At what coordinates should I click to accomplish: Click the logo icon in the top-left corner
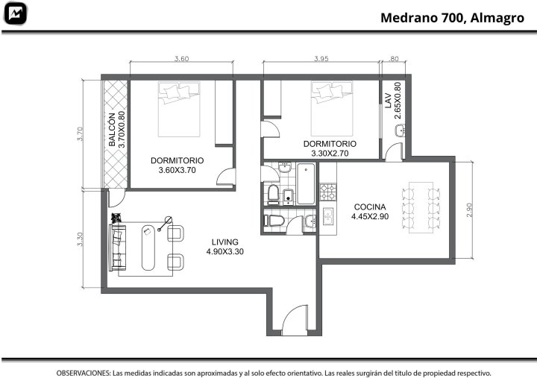[15, 13]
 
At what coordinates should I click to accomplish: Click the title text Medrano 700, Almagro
[452, 18]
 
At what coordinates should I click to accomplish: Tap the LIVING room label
[225, 242]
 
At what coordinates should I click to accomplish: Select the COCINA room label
[370, 207]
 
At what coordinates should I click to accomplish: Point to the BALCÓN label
[112, 130]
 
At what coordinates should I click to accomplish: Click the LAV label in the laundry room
[388, 101]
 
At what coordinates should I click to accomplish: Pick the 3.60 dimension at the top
[181, 59]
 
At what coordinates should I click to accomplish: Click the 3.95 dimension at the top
[321, 59]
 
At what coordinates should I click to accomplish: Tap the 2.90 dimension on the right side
[469, 210]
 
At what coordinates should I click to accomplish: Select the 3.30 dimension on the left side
[80, 239]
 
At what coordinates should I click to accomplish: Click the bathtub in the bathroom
[306, 184]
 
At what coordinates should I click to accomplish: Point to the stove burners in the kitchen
[328, 192]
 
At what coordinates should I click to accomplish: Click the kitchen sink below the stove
[327, 216]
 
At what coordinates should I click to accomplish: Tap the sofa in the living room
[118, 248]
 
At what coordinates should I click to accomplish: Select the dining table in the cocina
[421, 207]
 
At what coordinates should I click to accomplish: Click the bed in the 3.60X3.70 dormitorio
[179, 109]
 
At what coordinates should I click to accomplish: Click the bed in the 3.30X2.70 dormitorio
[332, 109]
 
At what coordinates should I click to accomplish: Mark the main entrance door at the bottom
[295, 321]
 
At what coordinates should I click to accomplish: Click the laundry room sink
[400, 130]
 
